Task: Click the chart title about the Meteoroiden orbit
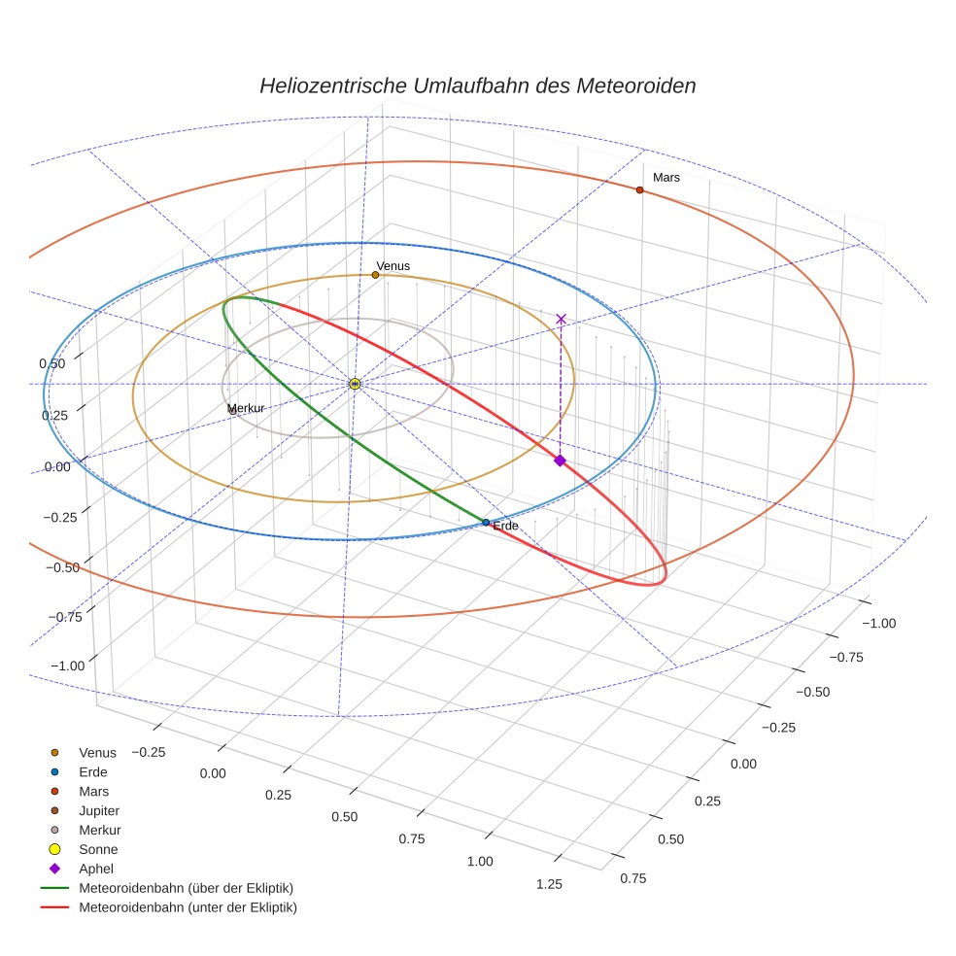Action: [477, 85]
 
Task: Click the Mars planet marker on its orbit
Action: [639, 189]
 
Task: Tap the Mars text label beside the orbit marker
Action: [666, 178]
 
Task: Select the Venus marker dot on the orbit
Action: [375, 275]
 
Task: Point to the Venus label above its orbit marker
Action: [393, 265]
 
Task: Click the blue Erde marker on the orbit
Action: [486, 523]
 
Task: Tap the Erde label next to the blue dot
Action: [505, 526]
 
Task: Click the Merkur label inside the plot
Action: [246, 408]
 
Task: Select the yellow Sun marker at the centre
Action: [355, 384]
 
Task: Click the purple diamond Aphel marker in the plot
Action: [560, 461]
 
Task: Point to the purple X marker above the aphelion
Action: [561, 319]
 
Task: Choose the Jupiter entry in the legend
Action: [99, 810]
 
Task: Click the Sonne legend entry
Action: [98, 849]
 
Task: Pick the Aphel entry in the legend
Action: [96, 869]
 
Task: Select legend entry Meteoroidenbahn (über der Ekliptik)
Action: [186, 888]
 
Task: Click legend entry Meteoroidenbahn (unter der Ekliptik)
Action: [188, 907]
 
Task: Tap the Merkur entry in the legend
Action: [99, 830]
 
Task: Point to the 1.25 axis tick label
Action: [549, 883]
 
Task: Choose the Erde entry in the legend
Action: [93, 771]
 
